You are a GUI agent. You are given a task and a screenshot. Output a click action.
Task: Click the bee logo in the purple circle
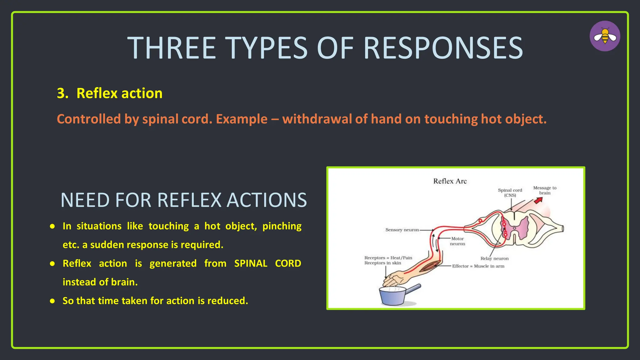[605, 36]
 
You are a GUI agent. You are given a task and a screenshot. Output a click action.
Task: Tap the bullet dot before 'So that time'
[52, 301]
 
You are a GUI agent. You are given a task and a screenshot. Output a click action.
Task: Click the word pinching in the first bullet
[282, 226]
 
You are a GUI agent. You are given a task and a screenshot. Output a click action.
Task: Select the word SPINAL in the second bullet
[251, 263]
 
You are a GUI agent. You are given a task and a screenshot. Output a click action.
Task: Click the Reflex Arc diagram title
[450, 181]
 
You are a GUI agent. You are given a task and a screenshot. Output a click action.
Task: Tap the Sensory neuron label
[402, 230]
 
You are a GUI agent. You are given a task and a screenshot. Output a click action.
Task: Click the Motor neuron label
[457, 241]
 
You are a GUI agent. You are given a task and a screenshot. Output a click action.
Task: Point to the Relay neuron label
[494, 258]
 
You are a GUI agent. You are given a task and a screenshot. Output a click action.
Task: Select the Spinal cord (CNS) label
[510, 192]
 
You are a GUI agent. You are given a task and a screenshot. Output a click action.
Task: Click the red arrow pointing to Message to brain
[538, 201]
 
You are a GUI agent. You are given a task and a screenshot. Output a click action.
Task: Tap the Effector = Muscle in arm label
[478, 266]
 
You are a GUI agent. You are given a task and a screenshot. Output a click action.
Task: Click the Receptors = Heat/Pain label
[388, 258]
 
